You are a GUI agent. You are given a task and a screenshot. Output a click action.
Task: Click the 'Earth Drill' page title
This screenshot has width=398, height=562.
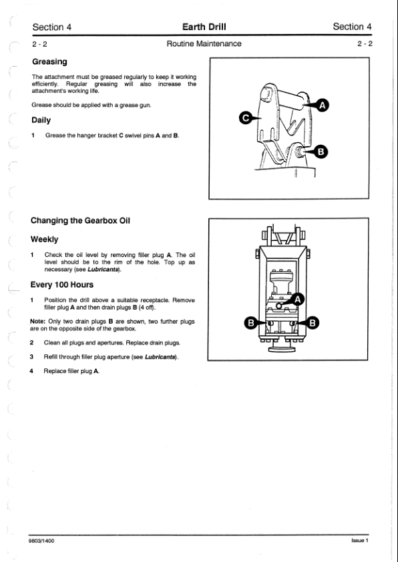(x=204, y=27)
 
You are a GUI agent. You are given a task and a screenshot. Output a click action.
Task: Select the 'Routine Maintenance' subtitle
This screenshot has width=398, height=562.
(x=204, y=44)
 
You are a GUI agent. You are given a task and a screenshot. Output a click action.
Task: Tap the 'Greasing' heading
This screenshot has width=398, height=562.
(x=49, y=62)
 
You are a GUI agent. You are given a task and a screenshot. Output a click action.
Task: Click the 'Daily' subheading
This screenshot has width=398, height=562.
(x=41, y=120)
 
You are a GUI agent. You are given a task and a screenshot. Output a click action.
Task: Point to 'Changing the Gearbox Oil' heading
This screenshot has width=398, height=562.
(x=80, y=220)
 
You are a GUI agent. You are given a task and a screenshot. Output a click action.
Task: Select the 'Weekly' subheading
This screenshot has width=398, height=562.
(x=44, y=239)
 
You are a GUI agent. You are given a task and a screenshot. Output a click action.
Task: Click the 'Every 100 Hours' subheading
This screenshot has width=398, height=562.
(x=61, y=284)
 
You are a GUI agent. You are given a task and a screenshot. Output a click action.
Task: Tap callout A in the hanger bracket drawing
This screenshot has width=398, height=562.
(x=323, y=105)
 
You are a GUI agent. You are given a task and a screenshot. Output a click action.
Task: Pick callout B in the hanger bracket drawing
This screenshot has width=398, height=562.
(x=321, y=152)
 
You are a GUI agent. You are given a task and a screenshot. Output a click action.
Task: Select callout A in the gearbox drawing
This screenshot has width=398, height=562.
(x=298, y=299)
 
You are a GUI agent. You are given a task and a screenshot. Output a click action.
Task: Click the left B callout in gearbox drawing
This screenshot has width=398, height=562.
(x=251, y=323)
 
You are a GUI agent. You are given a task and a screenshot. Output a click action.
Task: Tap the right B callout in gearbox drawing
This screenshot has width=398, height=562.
(x=312, y=323)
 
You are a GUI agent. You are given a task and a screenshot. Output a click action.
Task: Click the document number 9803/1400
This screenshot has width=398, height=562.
(x=41, y=541)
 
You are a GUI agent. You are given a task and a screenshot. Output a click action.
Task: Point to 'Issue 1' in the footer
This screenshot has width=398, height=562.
(x=360, y=540)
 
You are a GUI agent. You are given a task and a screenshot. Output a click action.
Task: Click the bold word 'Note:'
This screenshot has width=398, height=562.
(x=37, y=322)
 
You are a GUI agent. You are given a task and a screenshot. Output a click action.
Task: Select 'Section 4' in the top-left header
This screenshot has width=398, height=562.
(x=51, y=27)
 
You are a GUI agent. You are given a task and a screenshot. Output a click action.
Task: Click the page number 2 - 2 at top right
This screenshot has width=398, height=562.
(x=365, y=44)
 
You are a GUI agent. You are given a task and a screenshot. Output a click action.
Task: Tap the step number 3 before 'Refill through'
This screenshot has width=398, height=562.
(x=31, y=357)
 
